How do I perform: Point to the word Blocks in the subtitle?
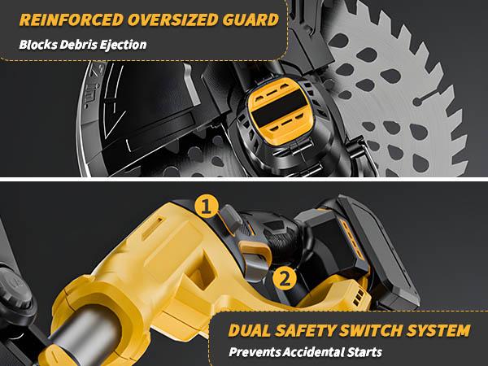[40, 44]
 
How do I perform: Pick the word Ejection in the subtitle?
[124, 44]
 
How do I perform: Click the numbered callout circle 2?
[284, 277]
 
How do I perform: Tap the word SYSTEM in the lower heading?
[439, 331]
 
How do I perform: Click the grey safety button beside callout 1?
[229, 218]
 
